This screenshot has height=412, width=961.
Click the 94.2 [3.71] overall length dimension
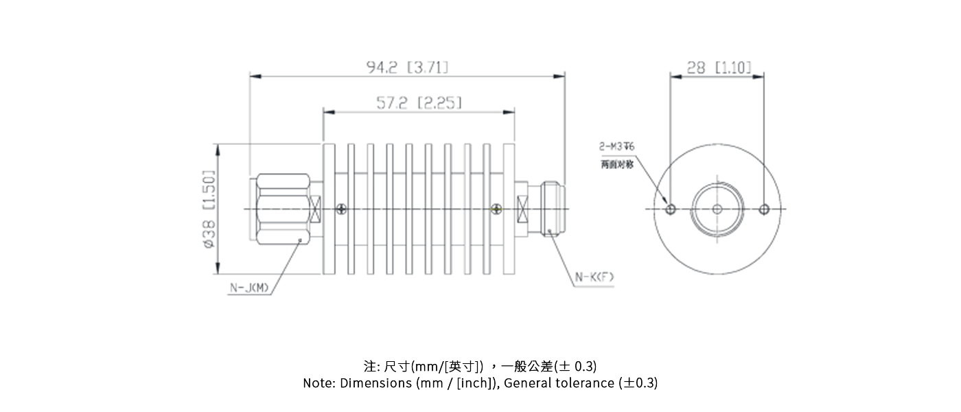(407, 67)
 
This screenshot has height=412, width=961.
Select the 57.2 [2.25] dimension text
(418, 103)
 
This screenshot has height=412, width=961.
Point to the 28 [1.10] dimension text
(718, 67)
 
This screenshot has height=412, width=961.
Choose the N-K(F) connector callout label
(594, 277)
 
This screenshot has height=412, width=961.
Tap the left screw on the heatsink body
(341, 209)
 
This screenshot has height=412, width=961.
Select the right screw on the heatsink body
(497, 209)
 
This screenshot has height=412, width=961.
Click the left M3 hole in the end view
(671, 209)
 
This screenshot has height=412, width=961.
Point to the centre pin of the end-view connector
(718, 209)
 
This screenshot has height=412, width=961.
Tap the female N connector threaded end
(553, 209)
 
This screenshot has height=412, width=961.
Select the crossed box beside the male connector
(316, 209)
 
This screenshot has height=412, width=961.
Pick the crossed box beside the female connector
(522, 209)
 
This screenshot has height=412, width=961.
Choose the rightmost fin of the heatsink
(509, 209)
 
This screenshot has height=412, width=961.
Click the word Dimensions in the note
(375, 383)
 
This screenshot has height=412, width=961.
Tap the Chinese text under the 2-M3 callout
(617, 165)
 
